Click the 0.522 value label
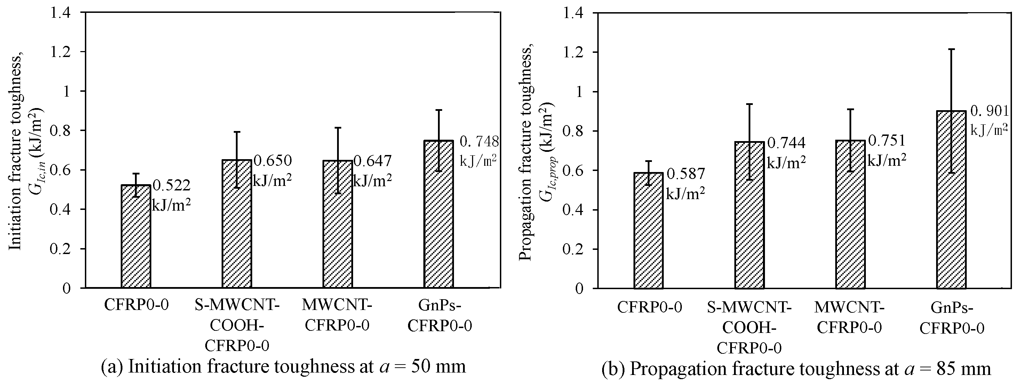pos(171,185)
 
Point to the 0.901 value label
pos(989,112)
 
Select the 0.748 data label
pos(479,141)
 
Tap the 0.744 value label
pos(786,143)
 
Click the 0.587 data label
pos(686,174)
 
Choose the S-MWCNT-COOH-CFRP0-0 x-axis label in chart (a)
pos(237,326)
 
